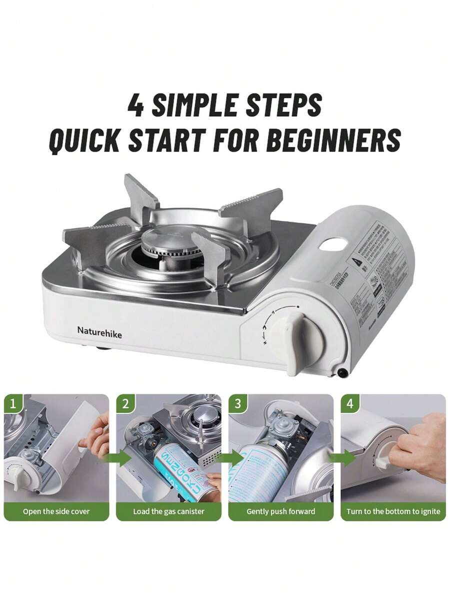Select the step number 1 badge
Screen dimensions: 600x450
pyautogui.click(x=13, y=403)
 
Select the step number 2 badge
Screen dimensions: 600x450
pyautogui.click(x=125, y=403)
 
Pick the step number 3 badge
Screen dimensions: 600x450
pyautogui.click(x=237, y=403)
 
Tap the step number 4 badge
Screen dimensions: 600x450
pyautogui.click(x=350, y=403)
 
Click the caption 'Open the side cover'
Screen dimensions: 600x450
pyautogui.click(x=56, y=511)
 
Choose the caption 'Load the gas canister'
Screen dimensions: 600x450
pyautogui.click(x=168, y=511)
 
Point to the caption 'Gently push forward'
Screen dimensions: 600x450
pyautogui.click(x=281, y=511)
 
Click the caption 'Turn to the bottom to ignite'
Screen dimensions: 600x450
pyautogui.click(x=393, y=511)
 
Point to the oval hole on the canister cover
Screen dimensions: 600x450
pyautogui.click(x=331, y=244)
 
